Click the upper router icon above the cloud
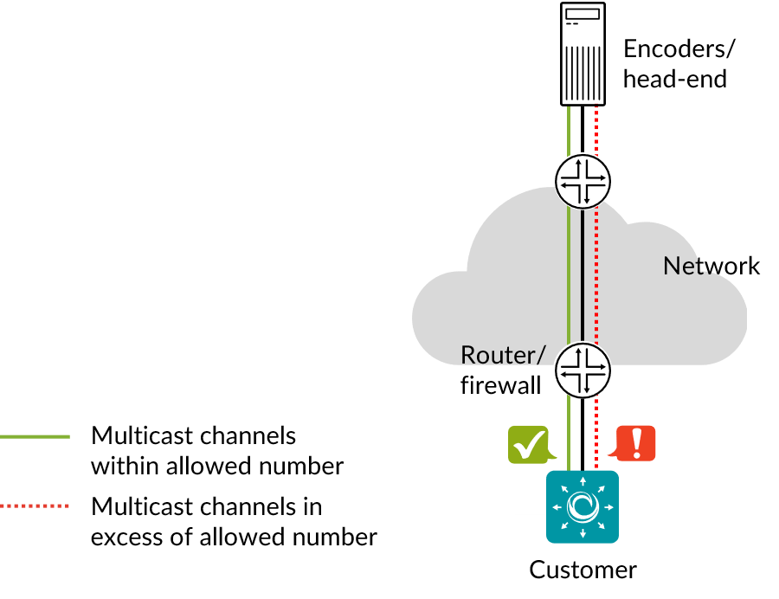point(583,181)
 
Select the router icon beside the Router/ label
point(583,370)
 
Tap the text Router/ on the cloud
point(503,355)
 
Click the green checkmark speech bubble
point(528,444)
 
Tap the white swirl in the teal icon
point(583,506)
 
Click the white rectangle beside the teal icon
point(530,492)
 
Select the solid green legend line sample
point(35,436)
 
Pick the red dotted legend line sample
point(35,506)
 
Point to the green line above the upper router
point(569,130)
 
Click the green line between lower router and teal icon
point(569,433)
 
